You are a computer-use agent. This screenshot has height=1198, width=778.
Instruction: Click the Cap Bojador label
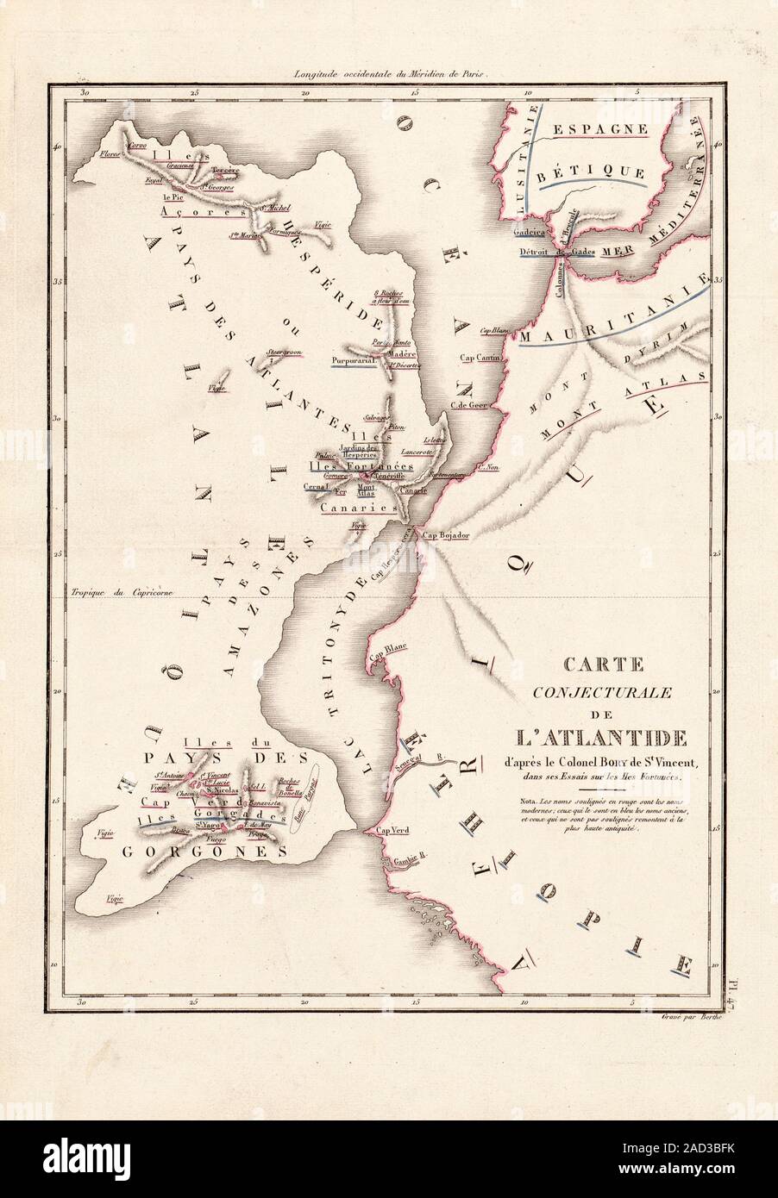coord(446,535)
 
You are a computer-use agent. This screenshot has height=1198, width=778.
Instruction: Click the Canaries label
coord(358,509)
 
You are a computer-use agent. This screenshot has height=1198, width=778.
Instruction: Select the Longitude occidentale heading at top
coord(391,75)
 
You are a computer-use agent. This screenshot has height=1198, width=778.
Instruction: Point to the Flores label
coord(110,154)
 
